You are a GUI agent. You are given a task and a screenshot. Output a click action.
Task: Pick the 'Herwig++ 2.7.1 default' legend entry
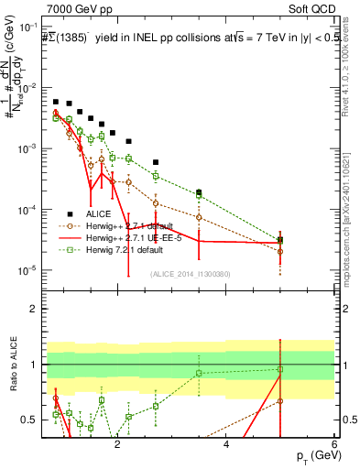(129, 225)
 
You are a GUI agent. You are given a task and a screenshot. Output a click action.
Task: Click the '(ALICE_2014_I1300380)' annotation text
(189, 274)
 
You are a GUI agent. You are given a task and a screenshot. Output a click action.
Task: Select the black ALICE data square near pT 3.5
(199, 192)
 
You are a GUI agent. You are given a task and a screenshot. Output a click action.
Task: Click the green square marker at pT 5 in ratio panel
(280, 369)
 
